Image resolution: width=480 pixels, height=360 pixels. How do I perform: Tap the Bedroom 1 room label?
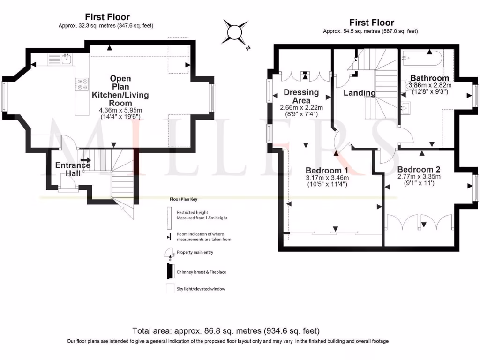tap(327, 170)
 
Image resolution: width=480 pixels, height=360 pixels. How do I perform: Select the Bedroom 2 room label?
tap(419, 169)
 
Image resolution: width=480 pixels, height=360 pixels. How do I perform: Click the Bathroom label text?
tap(430, 78)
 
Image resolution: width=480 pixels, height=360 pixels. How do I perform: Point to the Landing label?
tap(360, 93)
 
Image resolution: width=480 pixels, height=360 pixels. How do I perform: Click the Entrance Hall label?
tap(73, 169)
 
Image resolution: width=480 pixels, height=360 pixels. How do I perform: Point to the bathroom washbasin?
tap(406, 107)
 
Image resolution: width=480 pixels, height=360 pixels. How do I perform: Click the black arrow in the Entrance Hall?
tap(86, 160)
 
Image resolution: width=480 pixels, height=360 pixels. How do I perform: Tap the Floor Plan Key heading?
tap(183, 199)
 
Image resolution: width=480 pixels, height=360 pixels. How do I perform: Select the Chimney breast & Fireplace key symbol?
tap(168, 271)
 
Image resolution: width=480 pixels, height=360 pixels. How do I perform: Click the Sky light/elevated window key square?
tap(168, 289)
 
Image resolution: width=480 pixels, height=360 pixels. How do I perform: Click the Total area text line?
tap(226, 331)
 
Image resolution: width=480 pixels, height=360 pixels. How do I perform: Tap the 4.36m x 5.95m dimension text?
tap(120, 110)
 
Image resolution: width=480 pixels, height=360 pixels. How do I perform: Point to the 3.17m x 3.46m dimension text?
tap(327, 178)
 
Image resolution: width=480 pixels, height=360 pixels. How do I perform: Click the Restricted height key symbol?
tap(168, 215)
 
